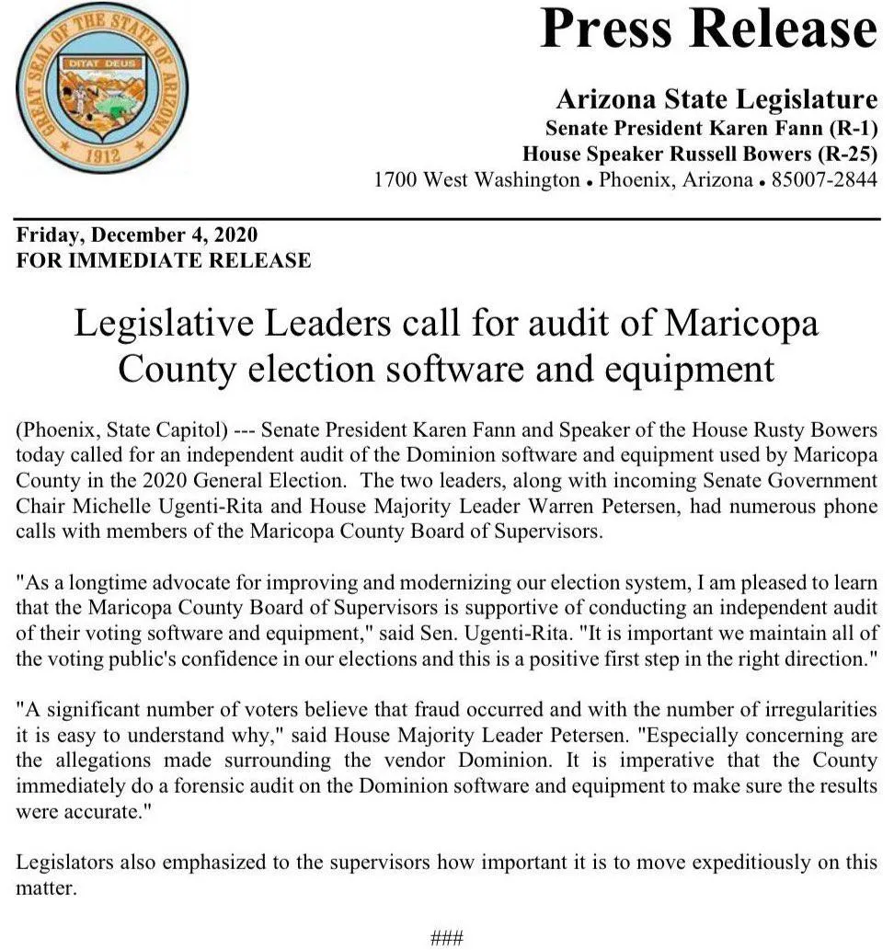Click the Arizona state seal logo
click(x=102, y=89)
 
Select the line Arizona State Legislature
click(x=716, y=99)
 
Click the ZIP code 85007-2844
click(x=825, y=179)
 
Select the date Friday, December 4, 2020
click(x=137, y=235)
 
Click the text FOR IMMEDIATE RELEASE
click(x=164, y=260)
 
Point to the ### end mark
click(x=447, y=938)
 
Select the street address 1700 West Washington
click(x=476, y=179)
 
